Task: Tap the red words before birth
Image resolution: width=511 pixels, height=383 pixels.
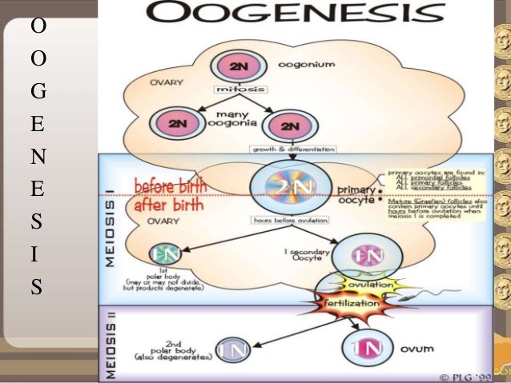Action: [170, 185]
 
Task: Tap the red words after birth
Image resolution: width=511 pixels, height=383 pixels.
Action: [168, 205]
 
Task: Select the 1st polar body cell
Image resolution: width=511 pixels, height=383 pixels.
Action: [163, 254]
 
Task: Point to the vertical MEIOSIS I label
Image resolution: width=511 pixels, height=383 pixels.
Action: [111, 233]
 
